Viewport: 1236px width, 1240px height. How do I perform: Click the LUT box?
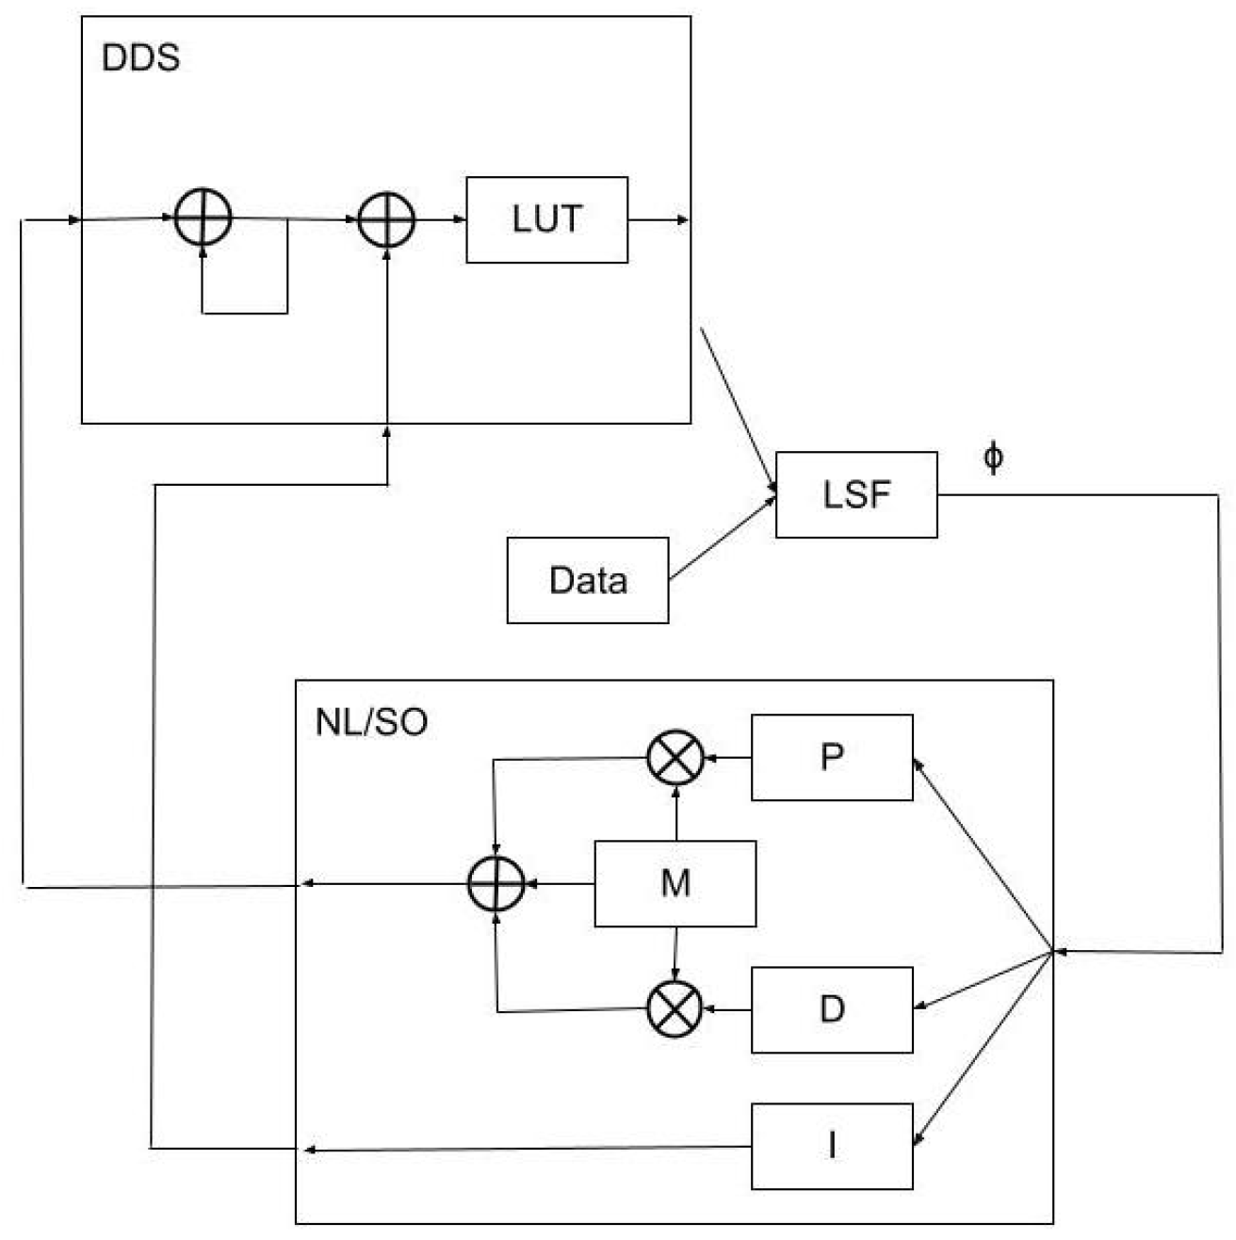coord(546,219)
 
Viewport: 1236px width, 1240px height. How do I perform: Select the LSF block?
coord(856,494)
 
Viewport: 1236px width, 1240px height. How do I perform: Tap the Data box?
coord(587,580)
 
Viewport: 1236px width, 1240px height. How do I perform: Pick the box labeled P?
coord(832,757)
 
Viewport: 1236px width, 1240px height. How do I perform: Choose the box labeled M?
coord(675,883)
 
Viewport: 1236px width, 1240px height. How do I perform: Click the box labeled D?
coord(832,1009)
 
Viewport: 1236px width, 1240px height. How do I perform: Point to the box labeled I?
coord(832,1146)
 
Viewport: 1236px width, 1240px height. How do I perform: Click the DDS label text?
coord(140,58)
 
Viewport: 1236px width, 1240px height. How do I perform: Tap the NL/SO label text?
coord(371,722)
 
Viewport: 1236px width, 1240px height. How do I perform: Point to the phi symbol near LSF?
coord(993,458)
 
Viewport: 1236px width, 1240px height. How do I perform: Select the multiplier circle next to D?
coord(675,1008)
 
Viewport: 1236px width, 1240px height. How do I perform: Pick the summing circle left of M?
coord(496,884)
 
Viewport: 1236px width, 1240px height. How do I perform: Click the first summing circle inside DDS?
coord(203,217)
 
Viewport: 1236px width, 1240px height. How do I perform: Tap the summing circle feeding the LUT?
coord(387,220)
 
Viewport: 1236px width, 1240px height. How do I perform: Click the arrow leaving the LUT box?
coord(659,220)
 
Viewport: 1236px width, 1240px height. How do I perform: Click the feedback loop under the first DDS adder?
coord(245,312)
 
